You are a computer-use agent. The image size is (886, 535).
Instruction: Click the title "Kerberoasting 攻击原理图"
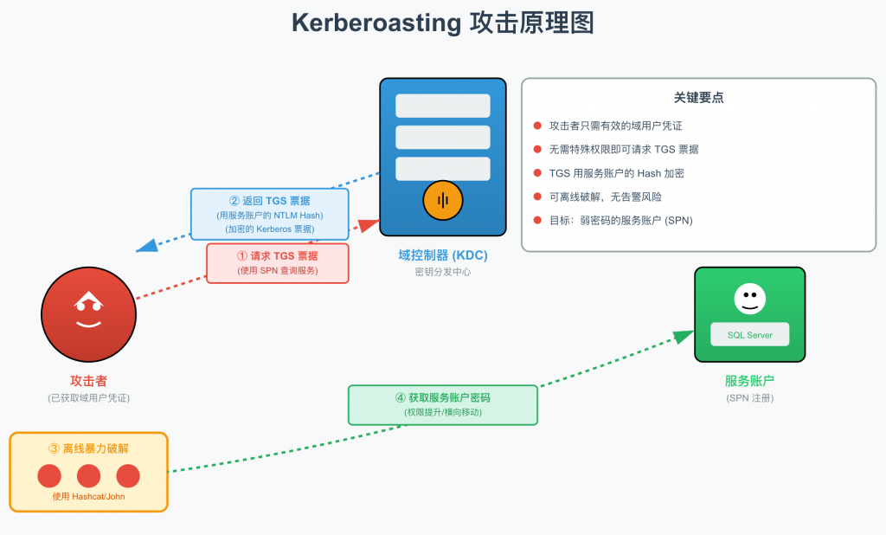click(442, 23)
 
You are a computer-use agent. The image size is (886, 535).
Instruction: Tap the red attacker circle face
click(87, 313)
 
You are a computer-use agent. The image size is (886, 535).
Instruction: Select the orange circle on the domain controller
click(443, 201)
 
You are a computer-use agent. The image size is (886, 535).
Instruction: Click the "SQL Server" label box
click(749, 335)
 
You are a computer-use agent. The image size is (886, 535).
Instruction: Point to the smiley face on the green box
click(749, 299)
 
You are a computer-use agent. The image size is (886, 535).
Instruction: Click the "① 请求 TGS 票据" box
click(277, 263)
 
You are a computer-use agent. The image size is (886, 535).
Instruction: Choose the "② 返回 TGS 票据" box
click(269, 214)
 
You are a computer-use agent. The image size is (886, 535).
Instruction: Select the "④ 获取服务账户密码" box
click(442, 404)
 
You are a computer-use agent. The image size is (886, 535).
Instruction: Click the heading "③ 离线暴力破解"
click(88, 448)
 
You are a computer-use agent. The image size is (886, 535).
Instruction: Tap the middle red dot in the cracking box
click(89, 476)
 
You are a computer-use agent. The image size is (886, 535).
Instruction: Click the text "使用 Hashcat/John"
click(88, 496)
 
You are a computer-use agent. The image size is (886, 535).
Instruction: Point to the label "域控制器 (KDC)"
click(442, 255)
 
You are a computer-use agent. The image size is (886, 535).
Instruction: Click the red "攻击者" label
click(88, 381)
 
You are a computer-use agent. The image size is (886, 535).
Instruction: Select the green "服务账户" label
click(749, 381)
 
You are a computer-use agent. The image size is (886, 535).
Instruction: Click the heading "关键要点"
click(698, 98)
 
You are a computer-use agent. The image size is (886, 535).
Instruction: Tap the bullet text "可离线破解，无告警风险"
click(605, 197)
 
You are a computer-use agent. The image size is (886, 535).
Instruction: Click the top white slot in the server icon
click(442, 106)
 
